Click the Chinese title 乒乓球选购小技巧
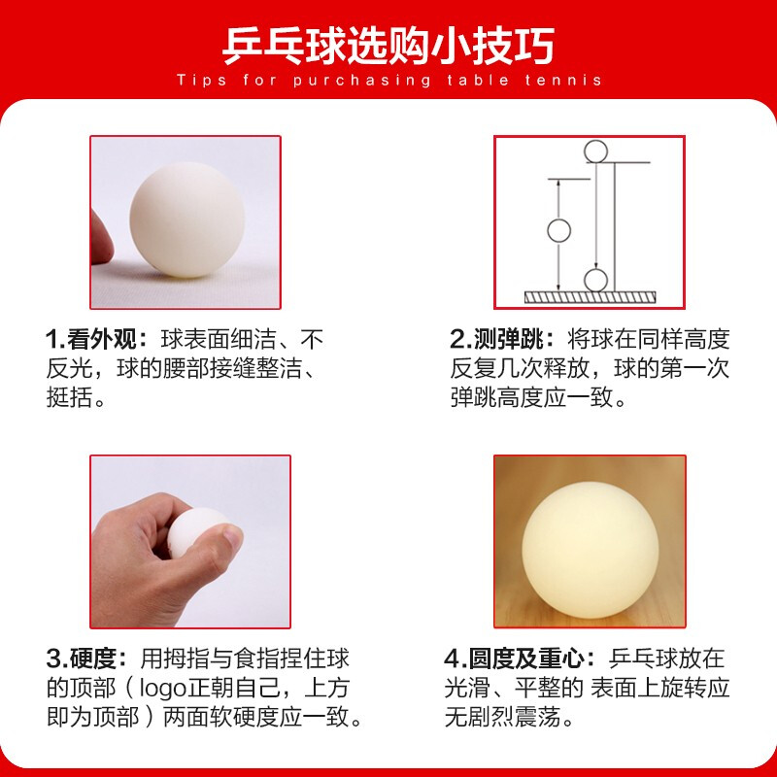click(388, 46)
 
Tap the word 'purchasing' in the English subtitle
click(361, 81)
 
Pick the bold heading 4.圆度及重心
click(520, 659)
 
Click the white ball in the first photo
click(187, 220)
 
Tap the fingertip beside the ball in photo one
click(102, 238)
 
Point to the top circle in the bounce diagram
click(595, 151)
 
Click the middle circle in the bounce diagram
click(559, 230)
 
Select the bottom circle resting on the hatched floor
click(595, 281)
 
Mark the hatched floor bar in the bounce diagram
click(591, 297)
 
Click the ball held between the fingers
click(196, 530)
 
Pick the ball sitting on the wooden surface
click(591, 550)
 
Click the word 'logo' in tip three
click(162, 689)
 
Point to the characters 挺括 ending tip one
click(69, 397)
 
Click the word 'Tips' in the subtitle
click(201, 81)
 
